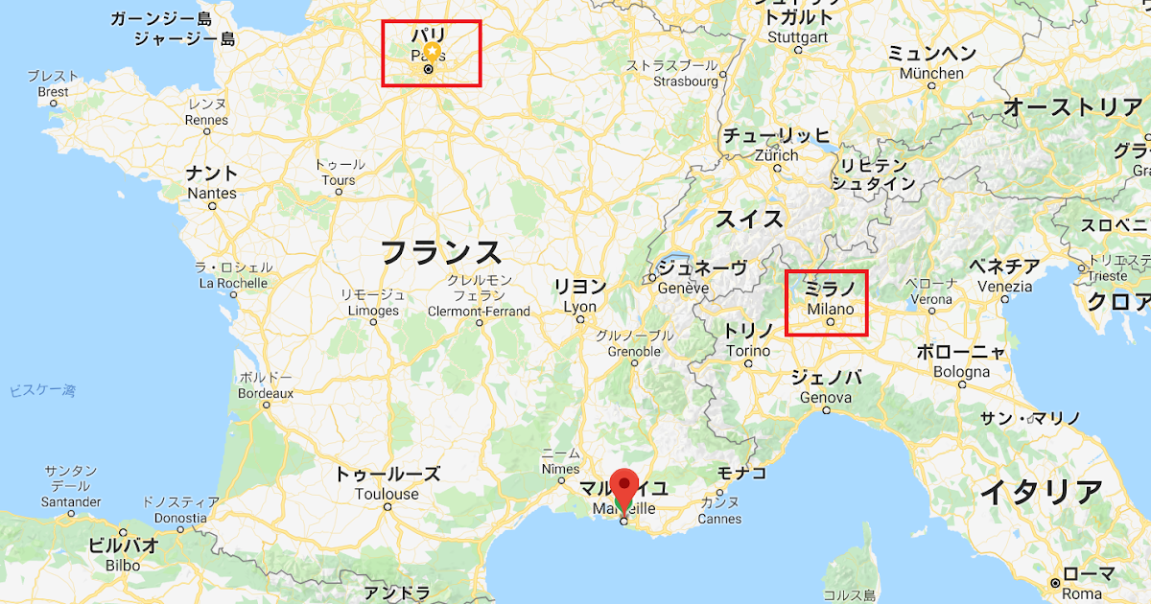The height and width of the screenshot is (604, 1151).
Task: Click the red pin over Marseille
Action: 625,485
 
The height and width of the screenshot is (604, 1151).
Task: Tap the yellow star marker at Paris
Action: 433,51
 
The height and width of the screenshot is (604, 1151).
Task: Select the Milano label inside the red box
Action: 830,309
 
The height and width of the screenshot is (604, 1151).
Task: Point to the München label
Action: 931,74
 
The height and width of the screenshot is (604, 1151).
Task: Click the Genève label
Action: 683,288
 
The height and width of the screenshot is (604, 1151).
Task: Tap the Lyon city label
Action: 580,307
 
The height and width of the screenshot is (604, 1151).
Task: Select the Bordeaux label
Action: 265,393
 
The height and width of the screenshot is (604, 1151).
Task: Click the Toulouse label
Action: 387,494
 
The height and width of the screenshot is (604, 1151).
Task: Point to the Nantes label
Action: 212,193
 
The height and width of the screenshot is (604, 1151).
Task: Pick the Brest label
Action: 53,92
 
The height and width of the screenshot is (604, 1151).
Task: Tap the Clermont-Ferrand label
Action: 479,311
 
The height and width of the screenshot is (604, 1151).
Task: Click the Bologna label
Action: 962,371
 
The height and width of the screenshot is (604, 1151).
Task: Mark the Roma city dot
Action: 1054,582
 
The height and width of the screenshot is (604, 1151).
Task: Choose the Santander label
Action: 71,502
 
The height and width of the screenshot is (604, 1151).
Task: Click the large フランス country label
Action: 440,252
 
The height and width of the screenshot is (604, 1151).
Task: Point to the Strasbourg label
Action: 686,82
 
